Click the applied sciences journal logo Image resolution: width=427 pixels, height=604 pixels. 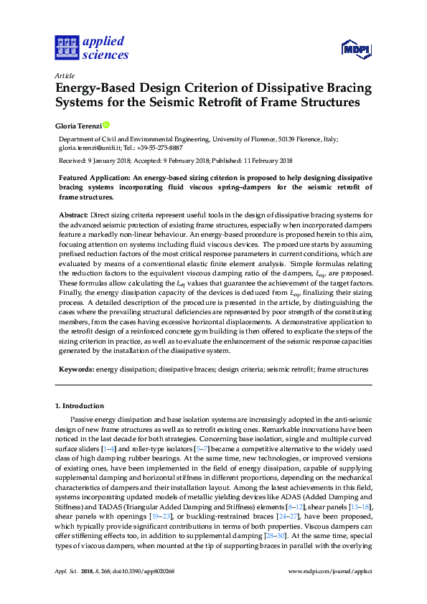92,47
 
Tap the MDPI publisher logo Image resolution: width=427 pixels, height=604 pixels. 356,49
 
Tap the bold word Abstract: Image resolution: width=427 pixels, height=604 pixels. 72,214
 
